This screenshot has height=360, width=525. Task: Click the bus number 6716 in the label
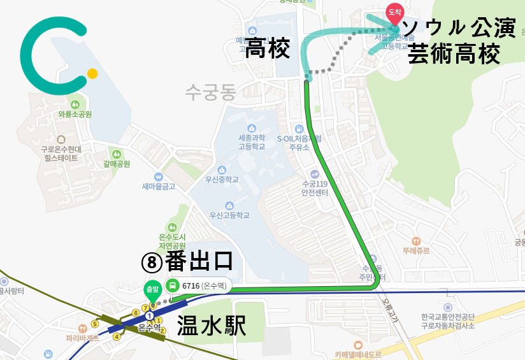coord(191,285)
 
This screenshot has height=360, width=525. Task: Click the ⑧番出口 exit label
coord(186,261)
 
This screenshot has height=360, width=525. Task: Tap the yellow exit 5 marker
coord(95,324)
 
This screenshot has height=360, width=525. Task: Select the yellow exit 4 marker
coord(117,336)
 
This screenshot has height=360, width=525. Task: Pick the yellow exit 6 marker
coord(136,313)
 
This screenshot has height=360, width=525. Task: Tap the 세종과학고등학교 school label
coord(251,141)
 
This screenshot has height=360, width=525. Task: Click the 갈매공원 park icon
coord(116,154)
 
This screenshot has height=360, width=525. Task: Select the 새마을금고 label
coord(158,187)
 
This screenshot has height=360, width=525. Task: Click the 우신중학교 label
coord(221,180)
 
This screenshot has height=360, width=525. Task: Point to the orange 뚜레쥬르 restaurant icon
coord(416,241)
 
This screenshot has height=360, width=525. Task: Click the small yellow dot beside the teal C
coord(92,73)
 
